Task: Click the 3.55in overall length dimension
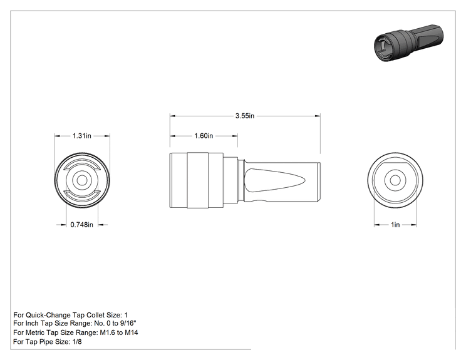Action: click(245, 116)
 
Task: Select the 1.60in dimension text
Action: click(204, 136)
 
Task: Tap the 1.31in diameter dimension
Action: click(82, 136)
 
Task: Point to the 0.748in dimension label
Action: click(81, 225)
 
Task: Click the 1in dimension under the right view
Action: click(395, 225)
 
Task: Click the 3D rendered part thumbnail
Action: click(408, 43)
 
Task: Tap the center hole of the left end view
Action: click(82, 180)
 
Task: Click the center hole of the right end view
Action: click(395, 180)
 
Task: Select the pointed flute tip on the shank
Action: click(304, 180)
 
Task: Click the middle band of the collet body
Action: click(198, 180)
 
